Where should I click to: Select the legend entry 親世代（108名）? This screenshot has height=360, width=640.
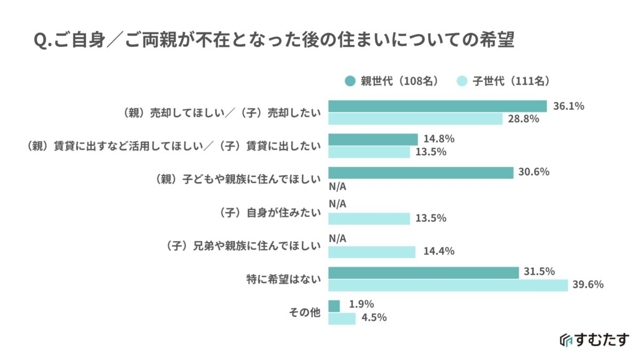(x=392, y=81)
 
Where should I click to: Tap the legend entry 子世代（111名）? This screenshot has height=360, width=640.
(x=503, y=81)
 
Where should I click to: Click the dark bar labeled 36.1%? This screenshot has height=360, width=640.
(x=437, y=106)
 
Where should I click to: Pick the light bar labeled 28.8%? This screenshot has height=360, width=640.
(x=415, y=118)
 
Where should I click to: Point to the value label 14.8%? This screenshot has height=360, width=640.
(x=439, y=139)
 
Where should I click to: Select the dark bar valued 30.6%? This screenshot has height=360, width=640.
(x=420, y=172)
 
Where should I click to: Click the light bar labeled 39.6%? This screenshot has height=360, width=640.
(x=447, y=285)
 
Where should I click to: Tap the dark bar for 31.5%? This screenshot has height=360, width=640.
(x=423, y=273)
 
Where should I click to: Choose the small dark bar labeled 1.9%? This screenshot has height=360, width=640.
(x=334, y=306)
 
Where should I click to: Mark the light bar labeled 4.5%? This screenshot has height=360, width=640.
(x=341, y=318)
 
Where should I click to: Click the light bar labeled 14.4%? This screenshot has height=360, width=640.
(x=371, y=252)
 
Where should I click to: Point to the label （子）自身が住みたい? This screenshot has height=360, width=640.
(x=270, y=213)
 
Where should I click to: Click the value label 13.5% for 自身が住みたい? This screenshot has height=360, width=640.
(x=431, y=218)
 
